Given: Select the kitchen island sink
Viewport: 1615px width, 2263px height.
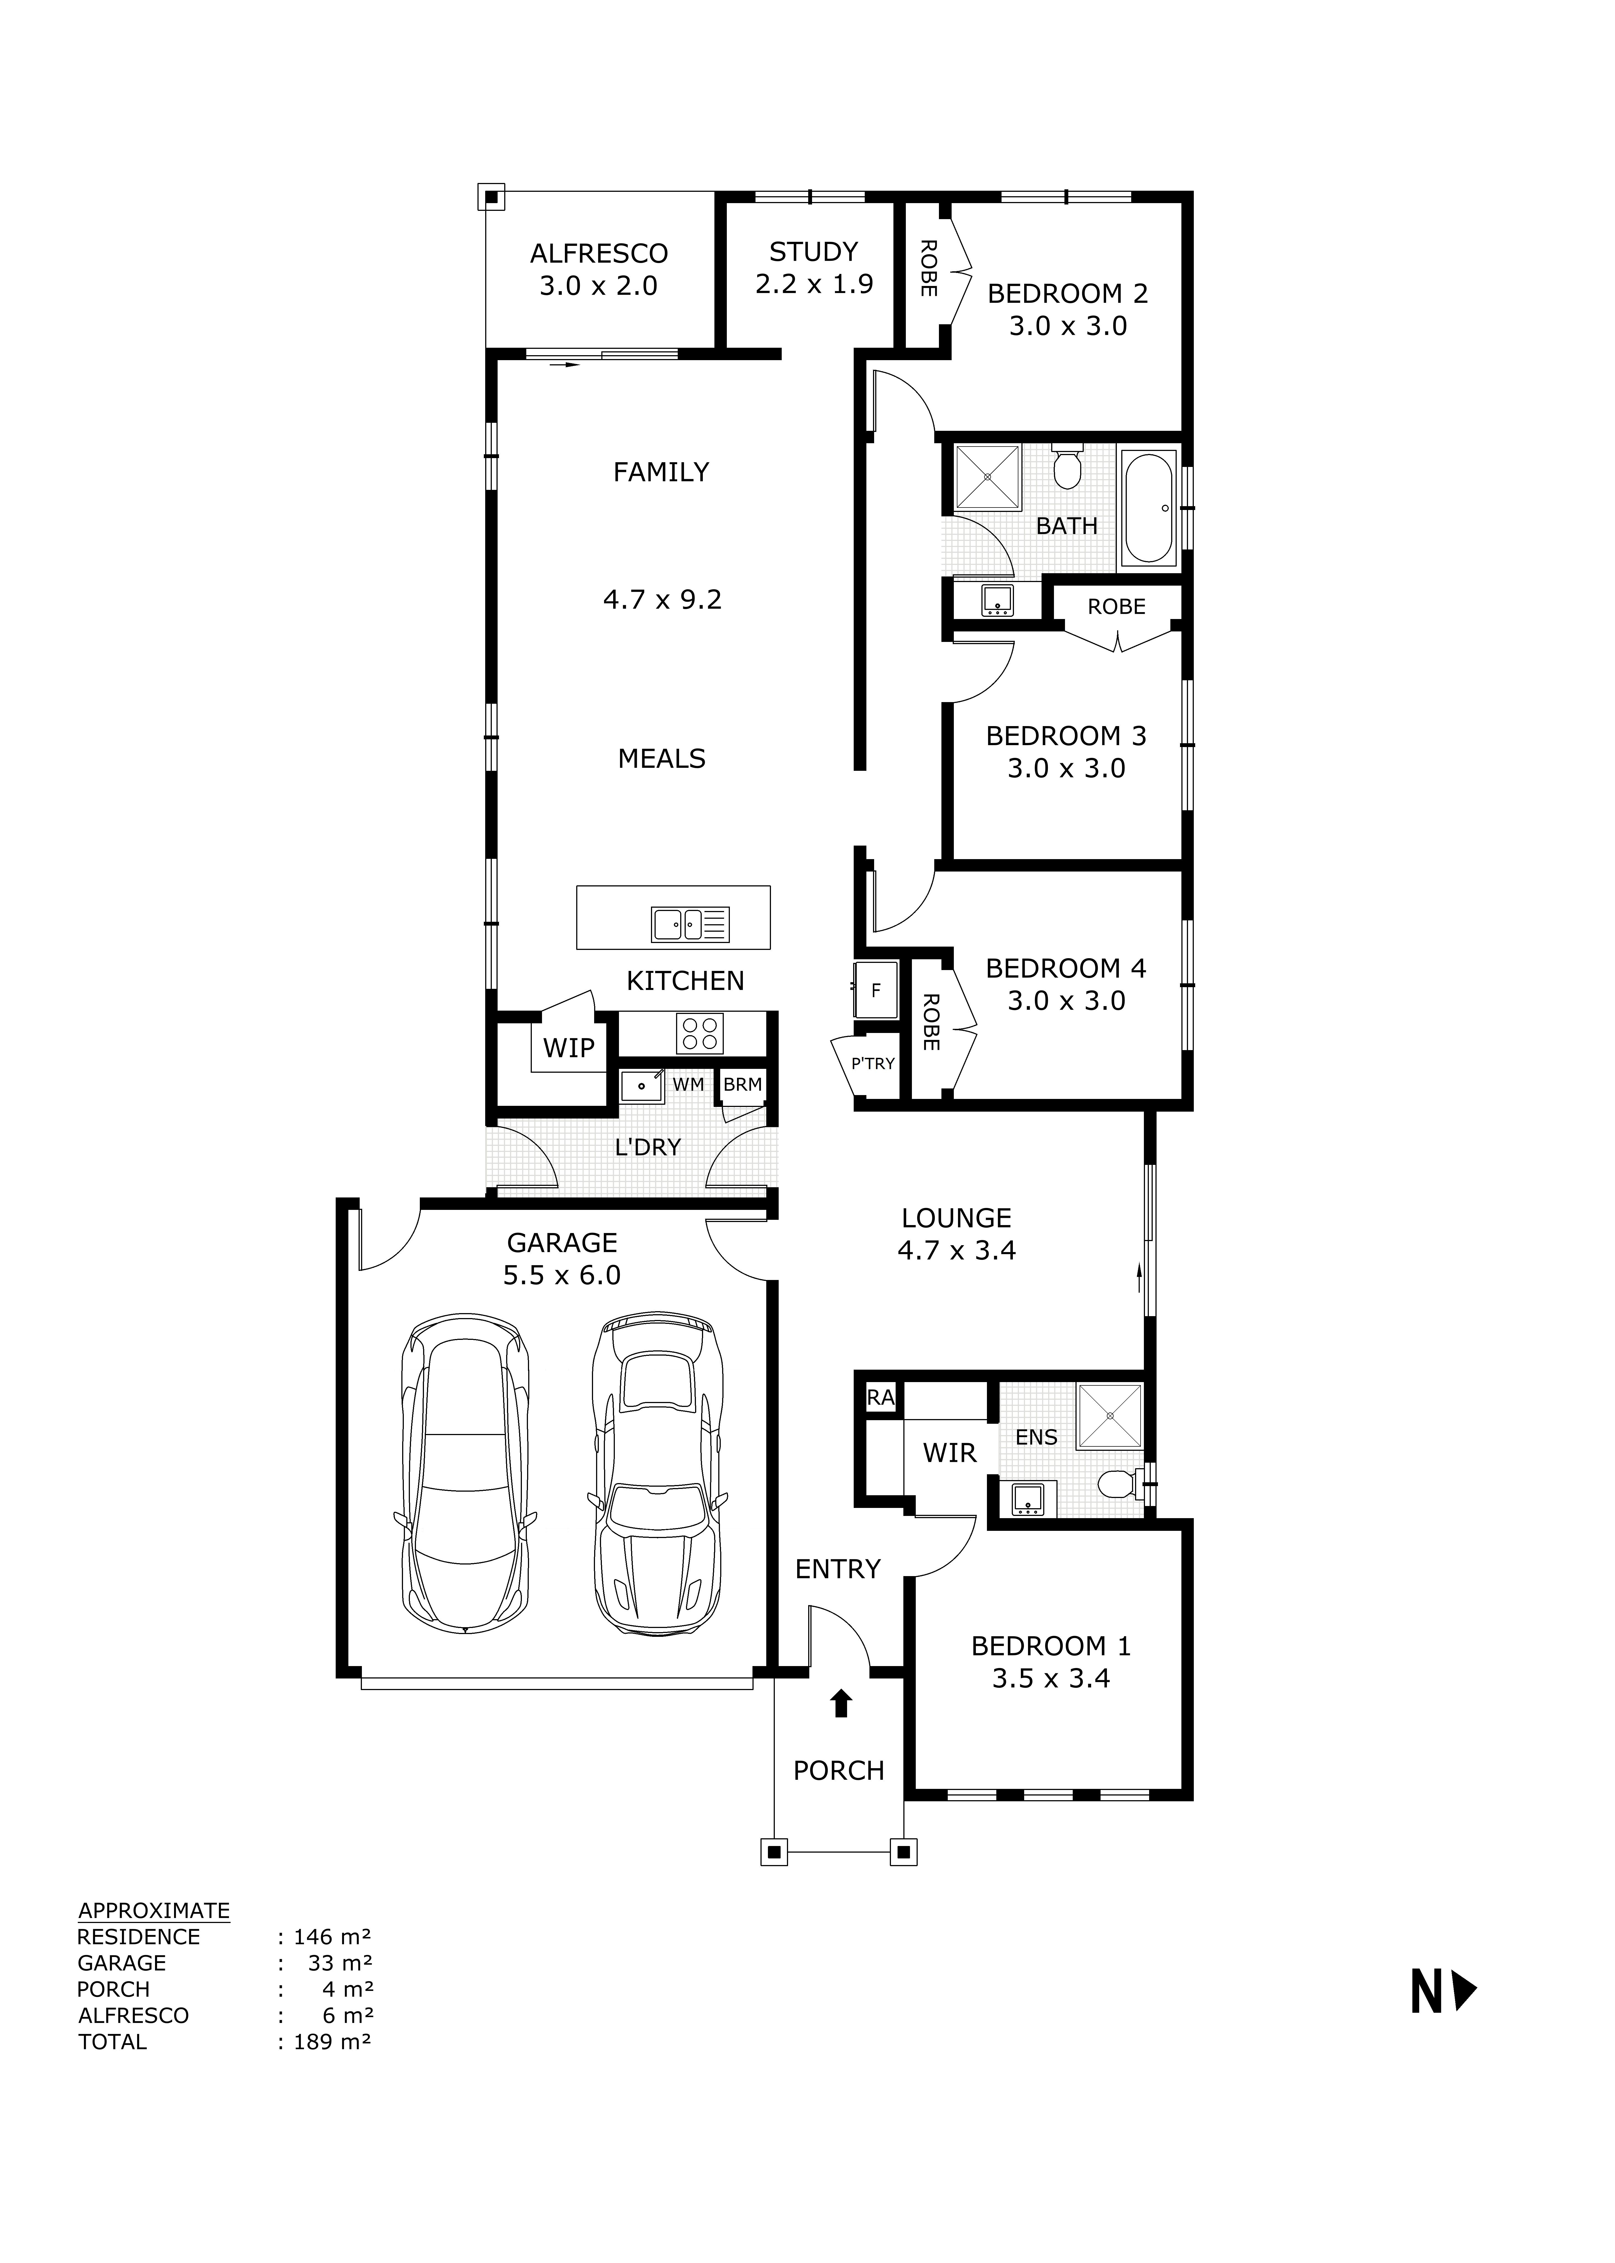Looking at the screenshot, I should pos(690,924).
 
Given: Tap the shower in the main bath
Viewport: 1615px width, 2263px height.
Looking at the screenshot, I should pos(987,479).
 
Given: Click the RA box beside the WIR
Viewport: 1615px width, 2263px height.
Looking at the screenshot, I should pos(880,1398).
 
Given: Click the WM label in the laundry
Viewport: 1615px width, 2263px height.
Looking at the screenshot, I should pos(688,1084).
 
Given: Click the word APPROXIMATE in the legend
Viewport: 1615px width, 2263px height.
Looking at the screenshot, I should pos(154,1910).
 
